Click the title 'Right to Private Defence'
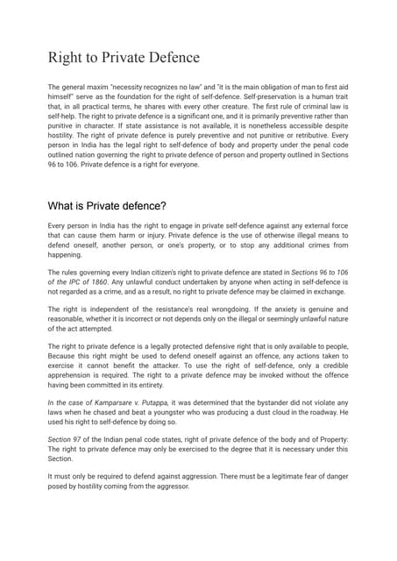pos(124,59)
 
